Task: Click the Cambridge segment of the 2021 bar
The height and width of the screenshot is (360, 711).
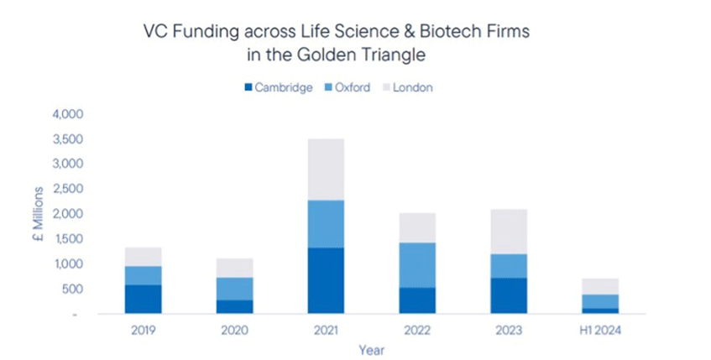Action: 326,280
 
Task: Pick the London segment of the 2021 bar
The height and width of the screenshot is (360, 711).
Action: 326,170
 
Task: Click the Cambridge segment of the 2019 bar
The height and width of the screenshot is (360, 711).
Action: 143,299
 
